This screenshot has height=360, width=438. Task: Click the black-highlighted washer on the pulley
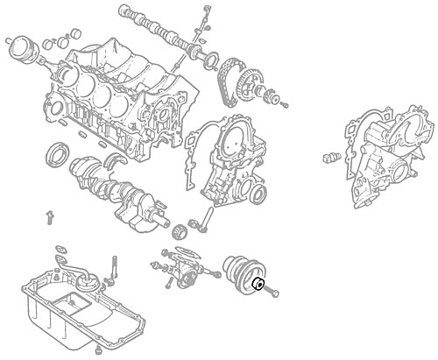[259, 283]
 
